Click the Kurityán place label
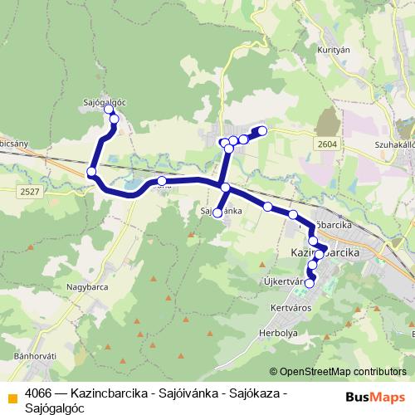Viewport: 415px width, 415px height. (330, 50)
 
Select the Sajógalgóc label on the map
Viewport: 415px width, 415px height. (104, 102)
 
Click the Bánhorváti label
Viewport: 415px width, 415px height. (35, 357)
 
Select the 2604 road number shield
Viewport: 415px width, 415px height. (326, 144)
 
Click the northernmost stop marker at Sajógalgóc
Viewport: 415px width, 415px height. (109, 110)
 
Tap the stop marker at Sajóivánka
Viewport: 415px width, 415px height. (217, 213)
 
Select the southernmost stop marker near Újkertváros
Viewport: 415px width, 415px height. (310, 284)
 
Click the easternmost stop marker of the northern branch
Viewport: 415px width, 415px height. (262, 130)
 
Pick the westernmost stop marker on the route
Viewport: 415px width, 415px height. (91, 173)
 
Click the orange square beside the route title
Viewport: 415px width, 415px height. (12, 397)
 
